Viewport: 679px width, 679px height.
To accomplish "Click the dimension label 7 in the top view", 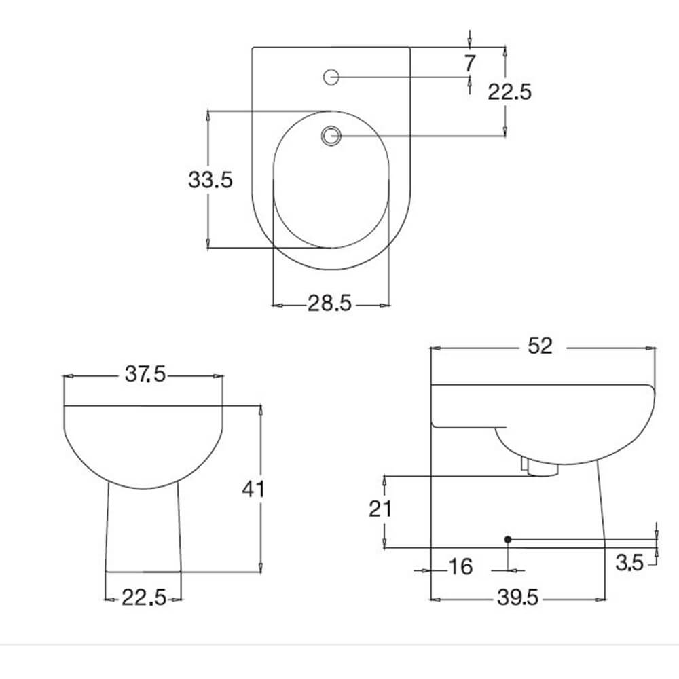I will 470,63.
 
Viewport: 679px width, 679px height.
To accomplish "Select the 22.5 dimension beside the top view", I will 509,91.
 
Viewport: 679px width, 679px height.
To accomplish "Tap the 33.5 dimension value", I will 210,180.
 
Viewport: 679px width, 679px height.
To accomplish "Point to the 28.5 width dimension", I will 330,304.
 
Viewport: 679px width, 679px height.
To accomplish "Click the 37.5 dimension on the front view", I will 145,375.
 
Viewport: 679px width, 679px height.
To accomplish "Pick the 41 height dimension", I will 254,489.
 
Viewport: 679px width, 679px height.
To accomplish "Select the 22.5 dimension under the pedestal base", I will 143,598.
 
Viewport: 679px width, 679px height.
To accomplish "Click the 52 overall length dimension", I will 540,346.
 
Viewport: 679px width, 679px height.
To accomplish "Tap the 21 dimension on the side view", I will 380,509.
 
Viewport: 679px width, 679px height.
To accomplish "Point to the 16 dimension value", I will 460,567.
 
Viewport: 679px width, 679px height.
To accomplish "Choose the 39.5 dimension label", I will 517,598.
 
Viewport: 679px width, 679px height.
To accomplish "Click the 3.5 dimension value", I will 629,563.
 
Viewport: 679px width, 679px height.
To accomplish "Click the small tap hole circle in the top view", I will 331,77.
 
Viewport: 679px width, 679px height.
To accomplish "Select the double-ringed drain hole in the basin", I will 331,136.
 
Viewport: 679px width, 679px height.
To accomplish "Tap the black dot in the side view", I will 508,539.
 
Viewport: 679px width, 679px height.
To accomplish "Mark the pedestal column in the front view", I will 143,530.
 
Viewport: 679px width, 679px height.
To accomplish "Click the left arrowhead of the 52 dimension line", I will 435,347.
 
